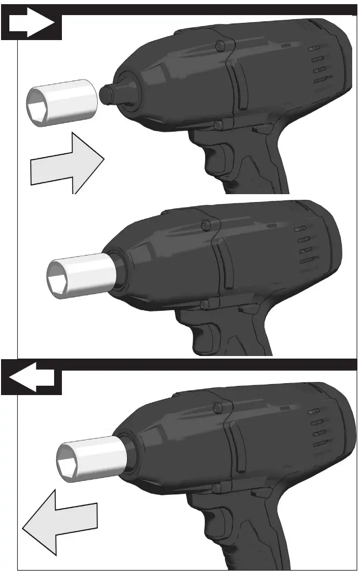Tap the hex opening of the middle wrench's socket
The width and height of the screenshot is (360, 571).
(x=58, y=281)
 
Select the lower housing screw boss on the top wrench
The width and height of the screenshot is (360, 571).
(x=218, y=125)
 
